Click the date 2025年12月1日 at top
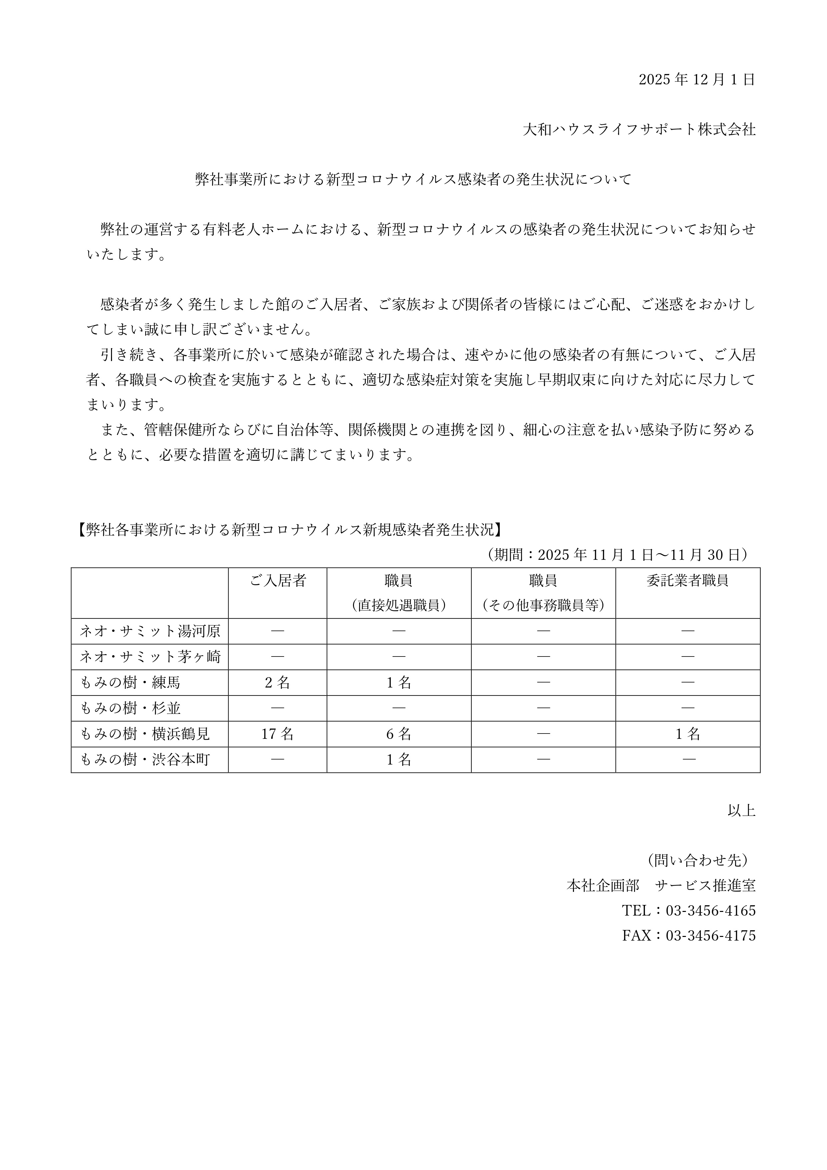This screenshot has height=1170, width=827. pos(697,79)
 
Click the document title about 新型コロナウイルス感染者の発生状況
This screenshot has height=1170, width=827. pos(413,179)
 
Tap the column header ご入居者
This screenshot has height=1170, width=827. pos(278,580)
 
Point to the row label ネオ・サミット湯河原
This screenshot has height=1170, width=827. pos(150,632)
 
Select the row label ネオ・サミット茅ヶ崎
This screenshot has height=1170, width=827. pos(150,657)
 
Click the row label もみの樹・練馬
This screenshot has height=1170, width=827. pos(130,682)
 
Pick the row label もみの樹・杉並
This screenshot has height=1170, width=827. pos(130,708)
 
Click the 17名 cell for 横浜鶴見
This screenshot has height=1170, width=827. pos(277,734)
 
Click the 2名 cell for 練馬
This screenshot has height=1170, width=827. pos(277,682)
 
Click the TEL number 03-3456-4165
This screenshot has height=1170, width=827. pos(710,911)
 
